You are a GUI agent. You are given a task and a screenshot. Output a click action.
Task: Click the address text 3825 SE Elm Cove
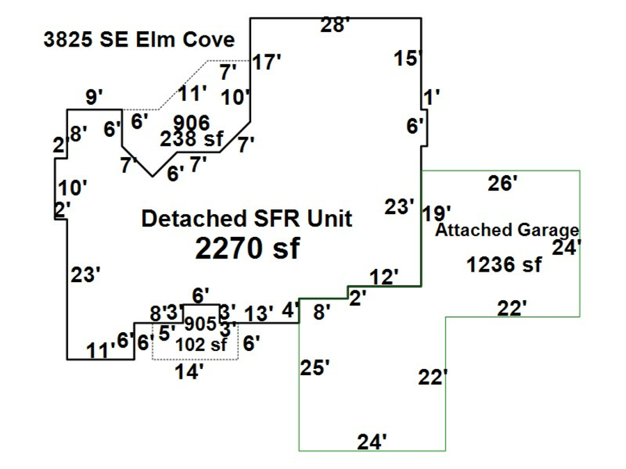point(139,40)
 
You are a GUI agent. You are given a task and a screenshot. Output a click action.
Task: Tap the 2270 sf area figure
point(247,248)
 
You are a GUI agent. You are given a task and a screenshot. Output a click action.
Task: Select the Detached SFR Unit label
point(247,219)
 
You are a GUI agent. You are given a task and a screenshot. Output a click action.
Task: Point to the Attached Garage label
point(507,230)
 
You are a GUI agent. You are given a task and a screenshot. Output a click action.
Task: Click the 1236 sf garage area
point(504,265)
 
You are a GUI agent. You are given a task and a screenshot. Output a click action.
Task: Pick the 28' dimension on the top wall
point(335,25)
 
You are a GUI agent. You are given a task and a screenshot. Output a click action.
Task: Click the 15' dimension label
point(408,58)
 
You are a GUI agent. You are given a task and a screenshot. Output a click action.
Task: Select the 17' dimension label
point(266,63)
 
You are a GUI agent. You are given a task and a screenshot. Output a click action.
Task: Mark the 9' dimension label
point(94,97)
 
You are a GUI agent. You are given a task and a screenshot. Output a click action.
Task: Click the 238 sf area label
point(192,139)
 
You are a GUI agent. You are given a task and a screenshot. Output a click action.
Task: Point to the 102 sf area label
point(201,345)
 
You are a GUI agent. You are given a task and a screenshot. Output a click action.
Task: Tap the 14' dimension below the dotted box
point(189,372)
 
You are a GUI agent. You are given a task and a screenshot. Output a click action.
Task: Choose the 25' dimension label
point(315,368)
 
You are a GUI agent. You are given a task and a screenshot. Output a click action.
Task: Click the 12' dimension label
point(384,277)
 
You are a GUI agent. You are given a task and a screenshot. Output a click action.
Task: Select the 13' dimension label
point(259,313)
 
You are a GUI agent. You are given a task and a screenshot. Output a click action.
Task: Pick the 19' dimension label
point(437,213)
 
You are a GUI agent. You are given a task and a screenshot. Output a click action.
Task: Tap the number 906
point(192,122)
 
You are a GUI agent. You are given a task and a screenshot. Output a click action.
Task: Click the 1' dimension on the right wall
point(431,97)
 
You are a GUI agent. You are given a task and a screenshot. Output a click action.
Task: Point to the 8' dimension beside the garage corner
point(322,312)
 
